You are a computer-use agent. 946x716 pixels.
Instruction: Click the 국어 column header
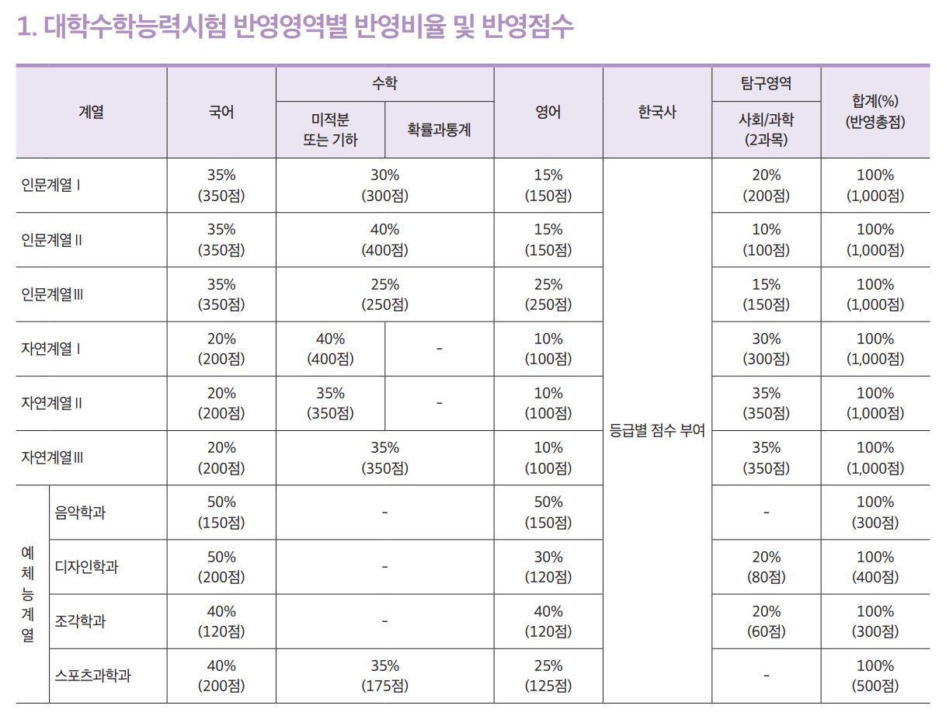(221, 113)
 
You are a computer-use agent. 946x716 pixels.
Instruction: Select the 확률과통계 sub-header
(439, 130)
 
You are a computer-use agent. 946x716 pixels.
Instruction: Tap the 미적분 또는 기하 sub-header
(330, 130)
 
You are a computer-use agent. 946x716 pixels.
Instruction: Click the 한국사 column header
(657, 113)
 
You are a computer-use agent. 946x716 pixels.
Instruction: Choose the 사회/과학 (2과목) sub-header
(766, 130)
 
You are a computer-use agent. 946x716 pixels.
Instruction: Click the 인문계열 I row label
(52, 186)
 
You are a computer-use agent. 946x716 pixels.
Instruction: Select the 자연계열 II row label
(52, 404)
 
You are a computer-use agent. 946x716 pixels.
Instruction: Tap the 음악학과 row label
(81, 513)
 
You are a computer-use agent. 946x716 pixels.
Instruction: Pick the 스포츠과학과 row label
(93, 676)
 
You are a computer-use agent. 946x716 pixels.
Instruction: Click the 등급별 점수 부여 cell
(657, 431)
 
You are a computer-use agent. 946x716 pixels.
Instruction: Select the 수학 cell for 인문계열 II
(384, 240)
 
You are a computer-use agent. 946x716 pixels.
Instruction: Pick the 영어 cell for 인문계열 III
(548, 294)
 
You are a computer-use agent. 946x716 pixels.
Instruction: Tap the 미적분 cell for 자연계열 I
(330, 349)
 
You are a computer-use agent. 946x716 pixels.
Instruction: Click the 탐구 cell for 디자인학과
(766, 567)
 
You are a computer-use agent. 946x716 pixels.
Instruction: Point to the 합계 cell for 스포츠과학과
(875, 676)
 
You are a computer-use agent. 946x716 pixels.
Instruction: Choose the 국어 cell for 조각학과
(221, 621)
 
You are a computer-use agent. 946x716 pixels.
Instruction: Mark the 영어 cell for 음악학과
(548, 513)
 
